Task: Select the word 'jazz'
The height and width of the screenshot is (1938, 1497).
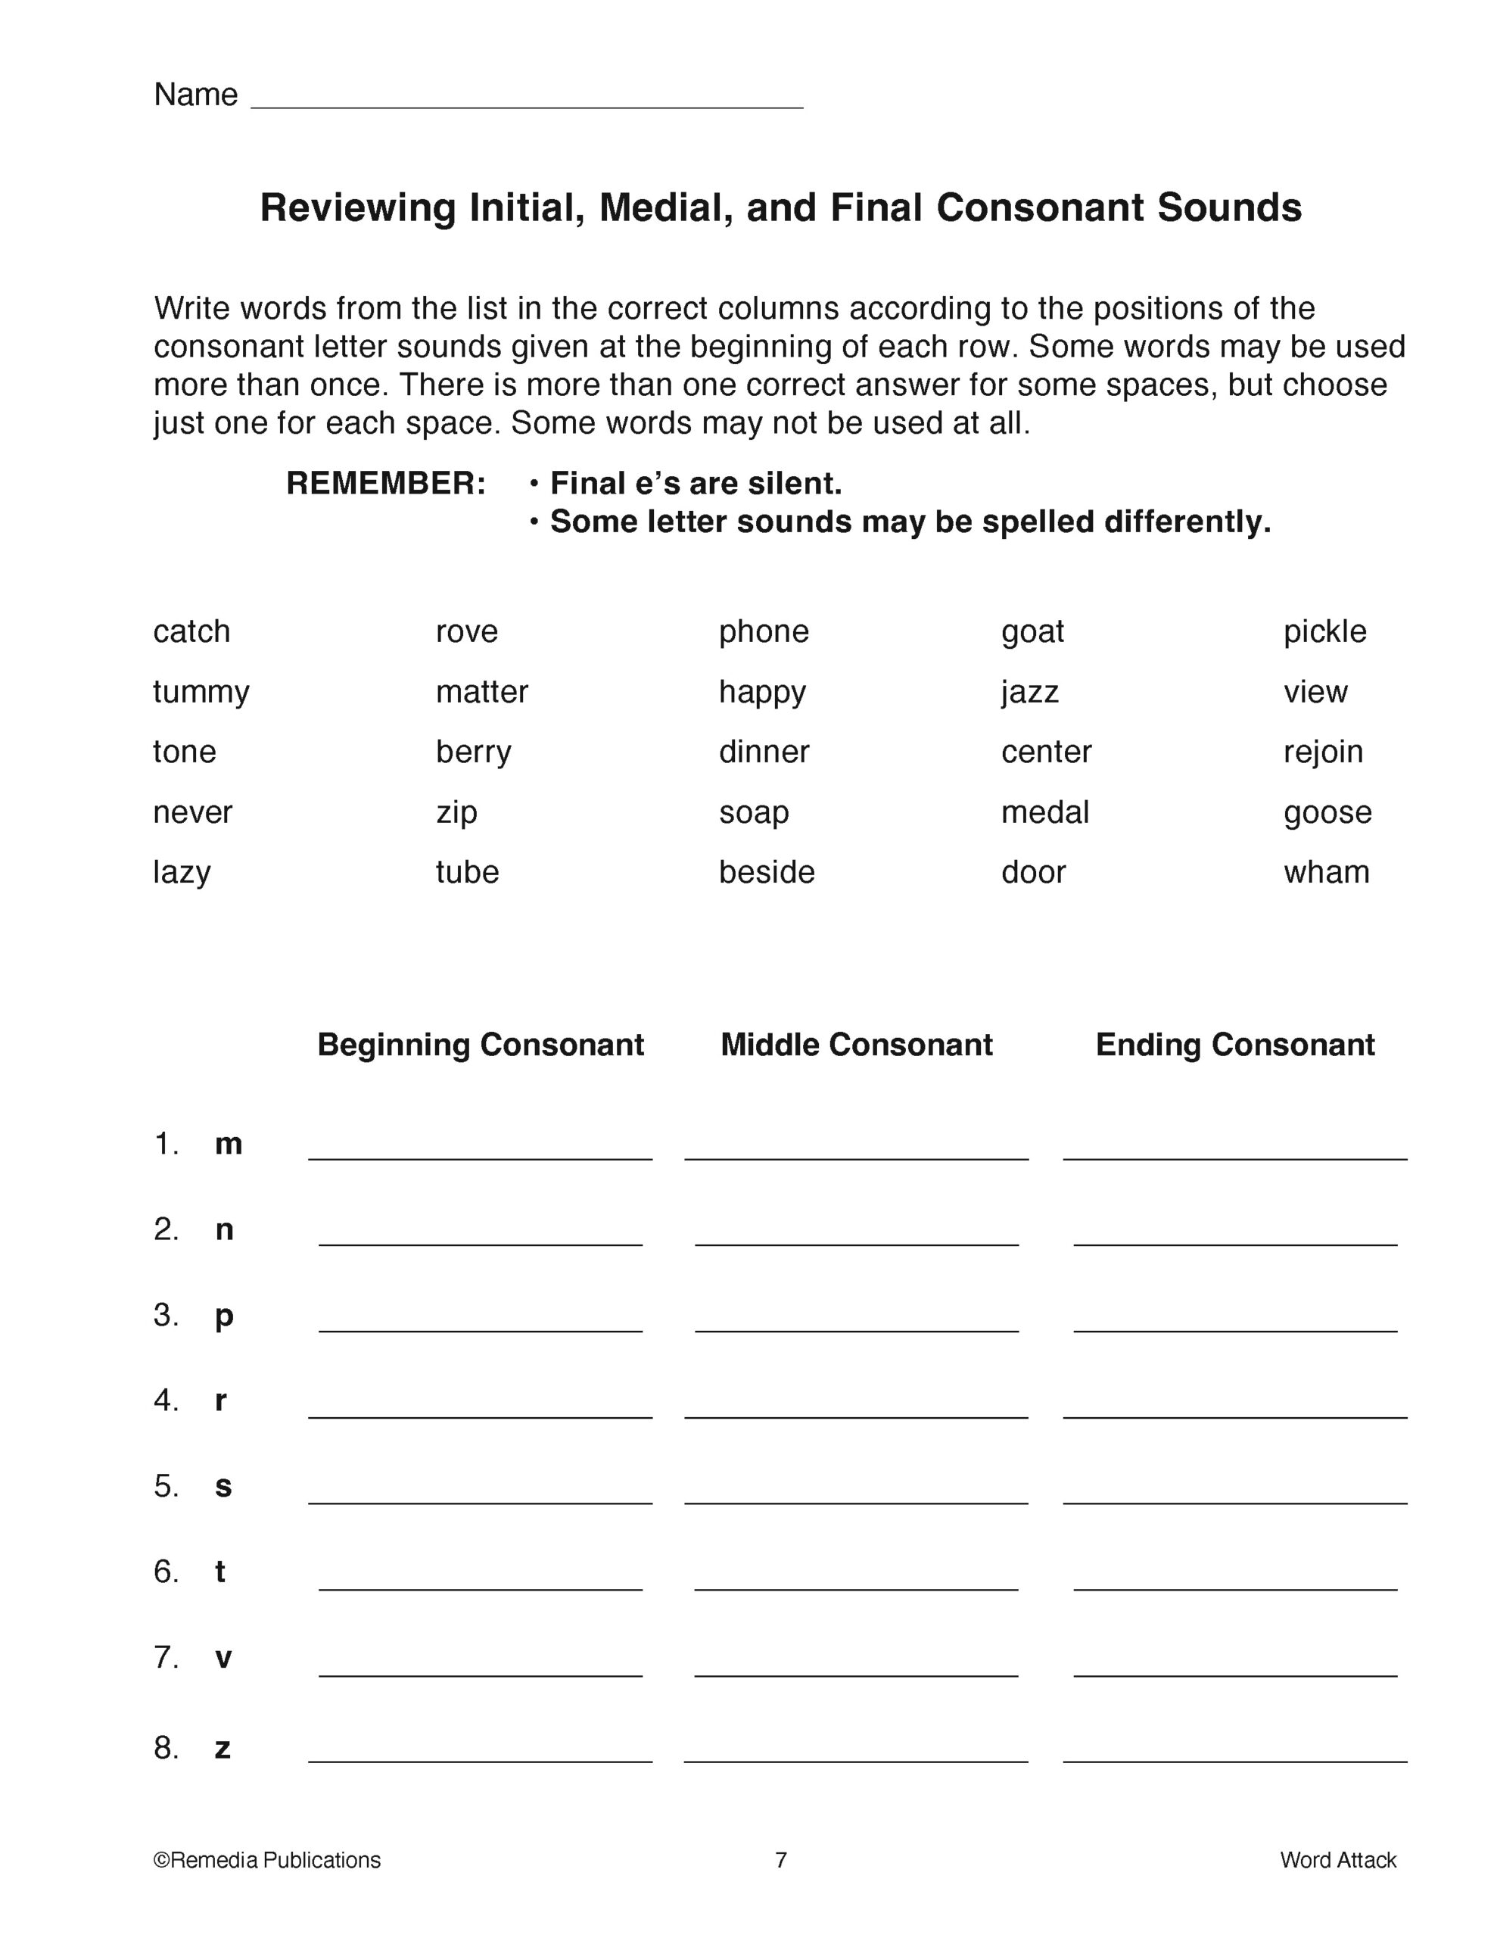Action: pos(1029,691)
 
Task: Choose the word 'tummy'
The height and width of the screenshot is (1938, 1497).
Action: pos(201,691)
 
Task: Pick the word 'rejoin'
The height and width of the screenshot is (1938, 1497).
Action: pos(1322,752)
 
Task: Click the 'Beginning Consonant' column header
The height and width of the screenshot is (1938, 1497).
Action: pos(480,1045)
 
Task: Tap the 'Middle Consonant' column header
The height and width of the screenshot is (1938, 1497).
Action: pos(855,1045)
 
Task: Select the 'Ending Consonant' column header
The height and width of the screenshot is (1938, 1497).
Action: pos(1234,1045)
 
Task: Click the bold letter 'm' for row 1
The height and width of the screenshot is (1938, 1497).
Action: pos(228,1144)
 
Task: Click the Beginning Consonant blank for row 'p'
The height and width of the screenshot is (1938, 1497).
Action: pos(480,1320)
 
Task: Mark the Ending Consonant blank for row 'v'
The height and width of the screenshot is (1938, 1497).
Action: pos(1234,1664)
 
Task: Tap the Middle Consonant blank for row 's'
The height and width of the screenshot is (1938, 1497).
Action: pos(855,1491)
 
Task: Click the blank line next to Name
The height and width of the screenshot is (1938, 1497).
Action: pos(527,96)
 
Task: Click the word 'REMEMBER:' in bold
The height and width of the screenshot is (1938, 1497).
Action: pos(386,484)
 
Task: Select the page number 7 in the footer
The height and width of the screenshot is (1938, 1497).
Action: pos(780,1859)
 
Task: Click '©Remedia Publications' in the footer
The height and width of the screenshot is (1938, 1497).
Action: pos(267,1859)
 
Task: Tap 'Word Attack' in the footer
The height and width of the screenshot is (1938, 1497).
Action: pos(1337,1859)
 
